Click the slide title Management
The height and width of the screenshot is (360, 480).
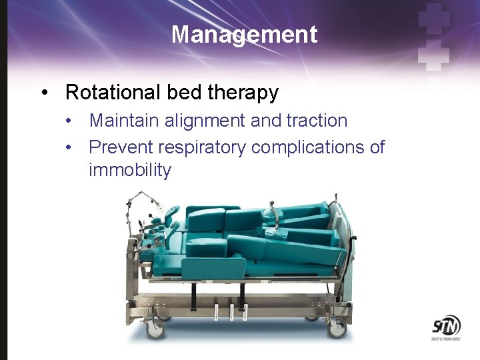point(244,34)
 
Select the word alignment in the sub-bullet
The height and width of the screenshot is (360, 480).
point(193,121)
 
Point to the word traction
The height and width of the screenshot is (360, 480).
point(317,121)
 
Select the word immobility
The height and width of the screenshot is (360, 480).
point(130,170)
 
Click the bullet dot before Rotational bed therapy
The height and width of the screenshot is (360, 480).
point(44,93)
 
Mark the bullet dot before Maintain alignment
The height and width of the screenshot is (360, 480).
point(69,121)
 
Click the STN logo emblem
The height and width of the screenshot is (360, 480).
point(445,327)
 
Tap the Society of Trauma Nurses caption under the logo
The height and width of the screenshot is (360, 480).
point(445,341)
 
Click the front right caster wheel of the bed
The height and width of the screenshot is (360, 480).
point(337,329)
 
